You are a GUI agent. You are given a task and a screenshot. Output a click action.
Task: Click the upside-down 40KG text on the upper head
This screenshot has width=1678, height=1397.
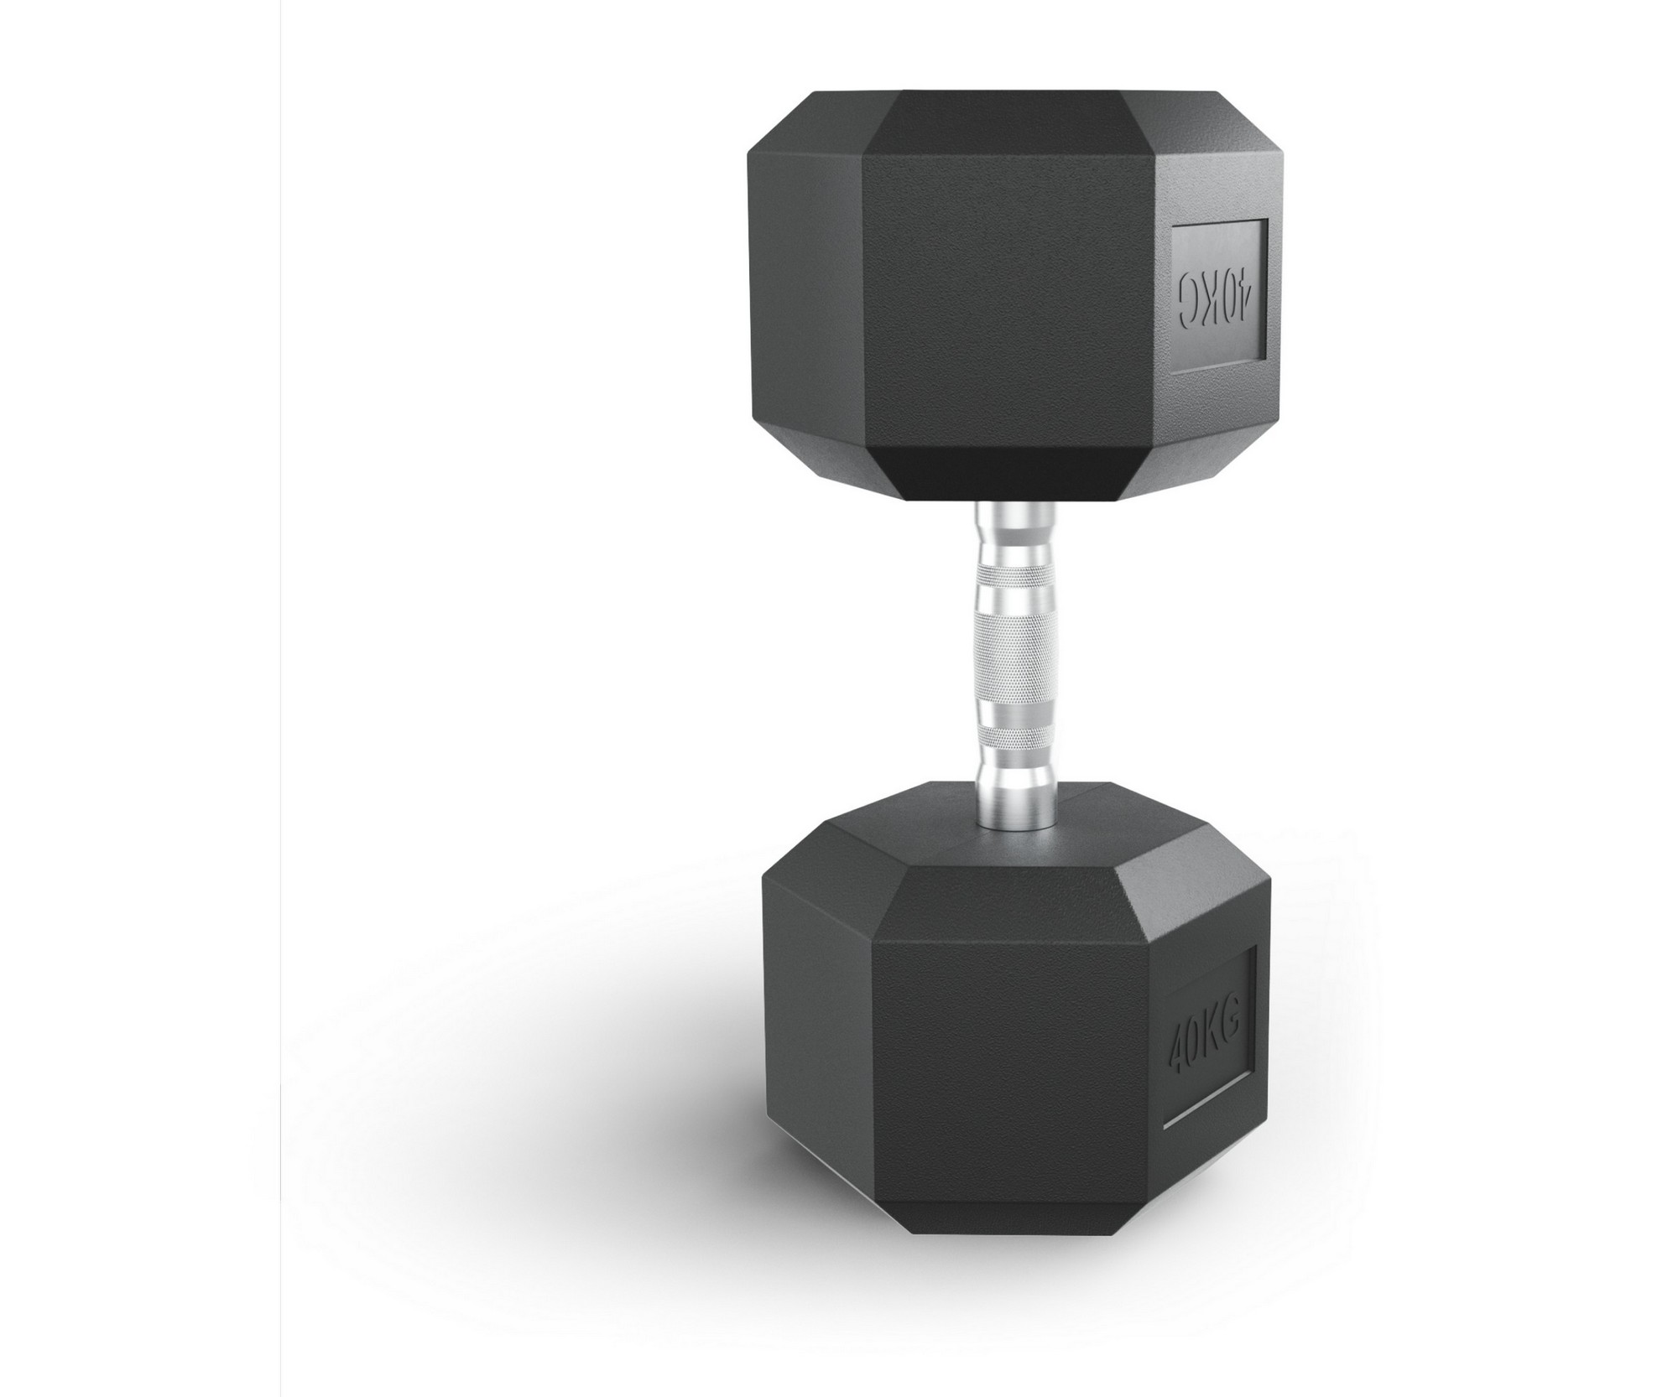coord(1217,309)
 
